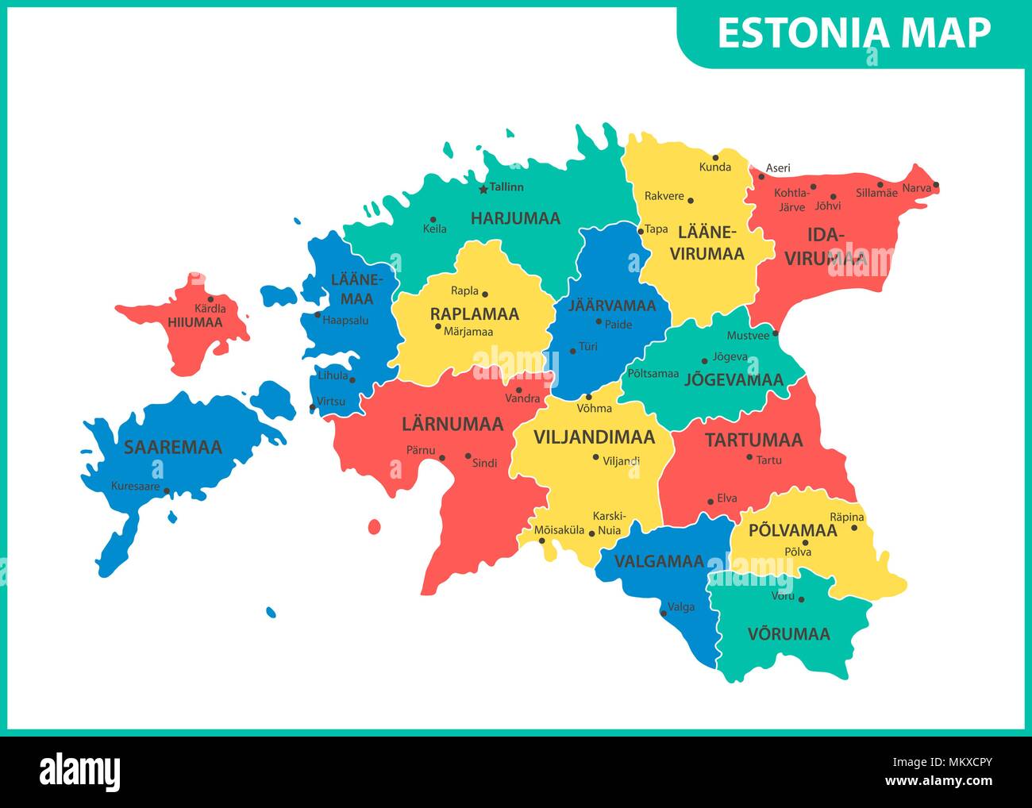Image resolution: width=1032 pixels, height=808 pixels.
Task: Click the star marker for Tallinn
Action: pos(483,190)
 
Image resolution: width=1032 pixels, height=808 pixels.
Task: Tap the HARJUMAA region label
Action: pos(515,218)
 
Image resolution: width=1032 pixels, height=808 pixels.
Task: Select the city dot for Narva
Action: pos(936,186)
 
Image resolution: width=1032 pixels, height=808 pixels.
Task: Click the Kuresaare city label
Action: pos(135,486)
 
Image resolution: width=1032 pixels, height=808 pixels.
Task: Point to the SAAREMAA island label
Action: pos(172,448)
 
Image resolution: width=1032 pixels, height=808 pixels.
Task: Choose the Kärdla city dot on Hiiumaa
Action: pos(210,299)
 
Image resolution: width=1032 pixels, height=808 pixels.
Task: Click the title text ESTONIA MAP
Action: pos(853,33)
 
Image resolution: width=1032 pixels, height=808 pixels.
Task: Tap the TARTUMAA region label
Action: pos(753,440)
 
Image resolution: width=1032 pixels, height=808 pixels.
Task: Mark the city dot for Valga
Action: pos(663,613)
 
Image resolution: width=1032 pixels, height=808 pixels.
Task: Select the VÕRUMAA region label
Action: pos(788,634)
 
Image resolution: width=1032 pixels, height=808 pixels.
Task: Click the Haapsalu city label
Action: pos(345,321)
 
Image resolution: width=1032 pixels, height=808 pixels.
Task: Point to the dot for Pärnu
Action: pos(442,457)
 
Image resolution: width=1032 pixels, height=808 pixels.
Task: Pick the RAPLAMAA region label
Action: pos(474,314)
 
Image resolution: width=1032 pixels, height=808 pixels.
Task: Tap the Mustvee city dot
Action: pos(775,335)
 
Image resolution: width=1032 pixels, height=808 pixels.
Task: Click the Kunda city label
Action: pos(714,167)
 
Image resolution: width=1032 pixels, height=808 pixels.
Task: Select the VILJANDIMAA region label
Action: pos(594,437)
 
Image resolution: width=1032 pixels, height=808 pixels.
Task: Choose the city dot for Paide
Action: pos(599,321)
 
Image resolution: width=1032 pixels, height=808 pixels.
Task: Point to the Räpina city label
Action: pos(846,518)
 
